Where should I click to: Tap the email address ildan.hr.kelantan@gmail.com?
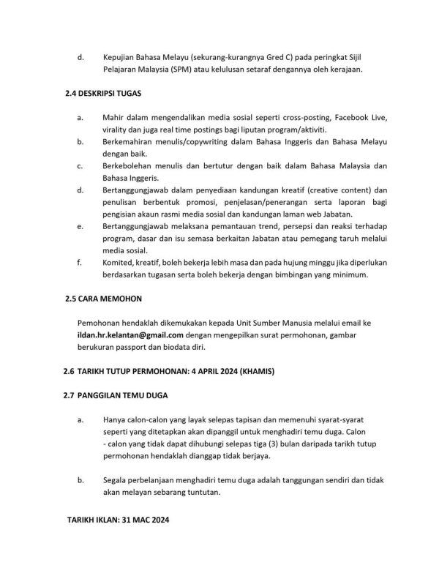(x=130, y=335)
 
